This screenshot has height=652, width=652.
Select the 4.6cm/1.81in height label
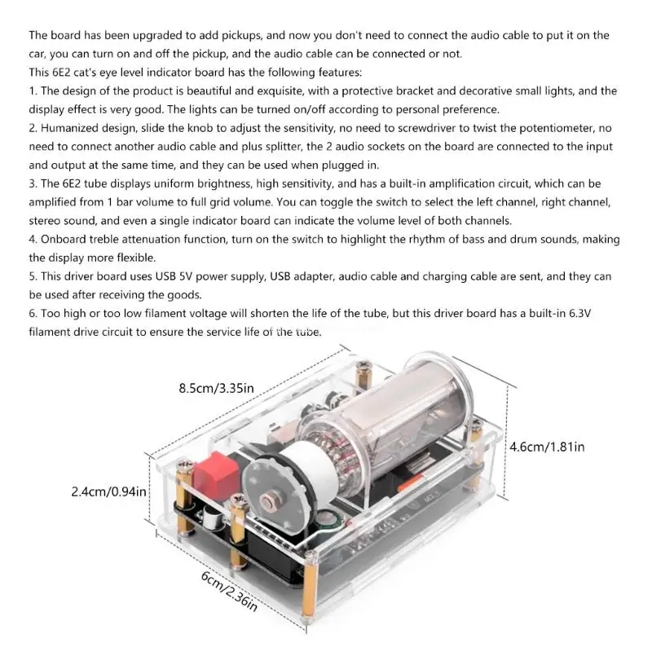(x=546, y=447)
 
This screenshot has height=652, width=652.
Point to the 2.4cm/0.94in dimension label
(x=108, y=491)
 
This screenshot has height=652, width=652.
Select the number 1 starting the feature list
(x=32, y=91)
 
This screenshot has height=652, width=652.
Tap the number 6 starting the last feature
(x=32, y=313)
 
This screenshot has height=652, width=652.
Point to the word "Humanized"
(x=74, y=129)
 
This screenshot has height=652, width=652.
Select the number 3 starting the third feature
(x=32, y=184)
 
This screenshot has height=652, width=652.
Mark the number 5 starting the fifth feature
(x=32, y=276)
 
